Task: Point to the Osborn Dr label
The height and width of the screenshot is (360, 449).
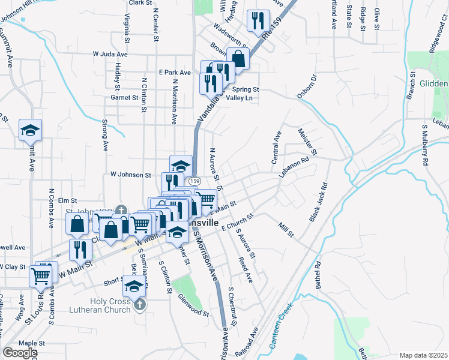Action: tap(306, 87)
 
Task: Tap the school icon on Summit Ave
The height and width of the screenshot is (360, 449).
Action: tap(28, 130)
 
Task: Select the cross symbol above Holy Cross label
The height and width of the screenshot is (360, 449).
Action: tap(140, 304)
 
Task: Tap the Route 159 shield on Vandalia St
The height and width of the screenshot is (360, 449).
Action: tap(193, 181)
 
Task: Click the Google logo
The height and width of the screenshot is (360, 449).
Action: tap(20, 352)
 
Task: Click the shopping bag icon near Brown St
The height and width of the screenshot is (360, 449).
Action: tap(238, 59)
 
